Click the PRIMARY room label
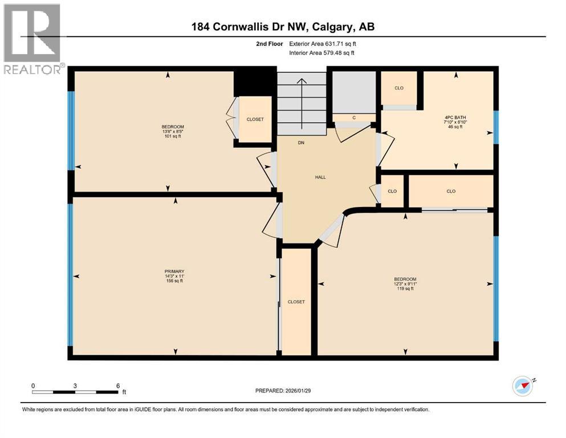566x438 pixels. click(x=175, y=271)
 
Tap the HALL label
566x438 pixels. click(x=320, y=177)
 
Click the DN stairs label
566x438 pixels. click(x=302, y=143)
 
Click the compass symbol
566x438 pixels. click(x=523, y=386)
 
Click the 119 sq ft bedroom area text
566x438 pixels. click(x=405, y=289)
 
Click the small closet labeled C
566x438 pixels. click(x=354, y=117)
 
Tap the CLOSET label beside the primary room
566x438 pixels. click(x=296, y=302)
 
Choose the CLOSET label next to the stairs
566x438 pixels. click(x=255, y=119)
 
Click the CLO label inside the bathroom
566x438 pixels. click(x=400, y=88)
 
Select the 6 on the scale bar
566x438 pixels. click(x=117, y=386)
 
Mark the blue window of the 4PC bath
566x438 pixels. click(x=496, y=126)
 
